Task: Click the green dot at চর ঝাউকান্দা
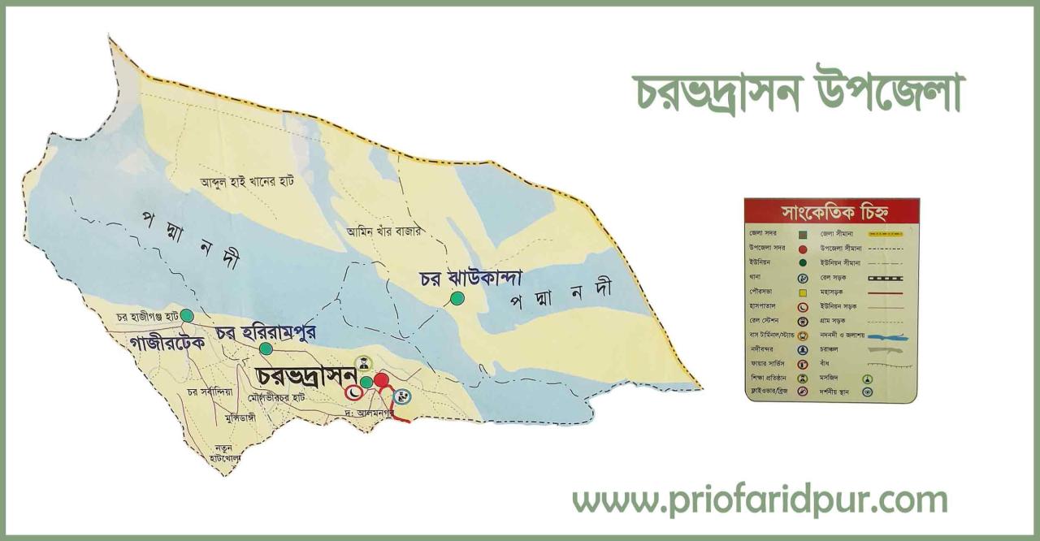click(x=457, y=298)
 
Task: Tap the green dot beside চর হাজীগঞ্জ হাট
click(x=187, y=315)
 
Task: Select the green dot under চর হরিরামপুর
click(x=266, y=348)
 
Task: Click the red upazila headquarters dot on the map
click(x=381, y=379)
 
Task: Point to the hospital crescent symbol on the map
click(x=354, y=392)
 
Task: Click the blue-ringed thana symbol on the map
click(x=402, y=396)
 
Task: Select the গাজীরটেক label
click(x=167, y=342)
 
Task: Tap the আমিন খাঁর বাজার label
click(x=383, y=231)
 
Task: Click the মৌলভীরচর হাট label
click(x=278, y=398)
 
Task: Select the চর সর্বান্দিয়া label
click(x=210, y=392)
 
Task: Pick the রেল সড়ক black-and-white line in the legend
click(x=885, y=277)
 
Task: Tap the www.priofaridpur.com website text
click(x=760, y=500)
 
